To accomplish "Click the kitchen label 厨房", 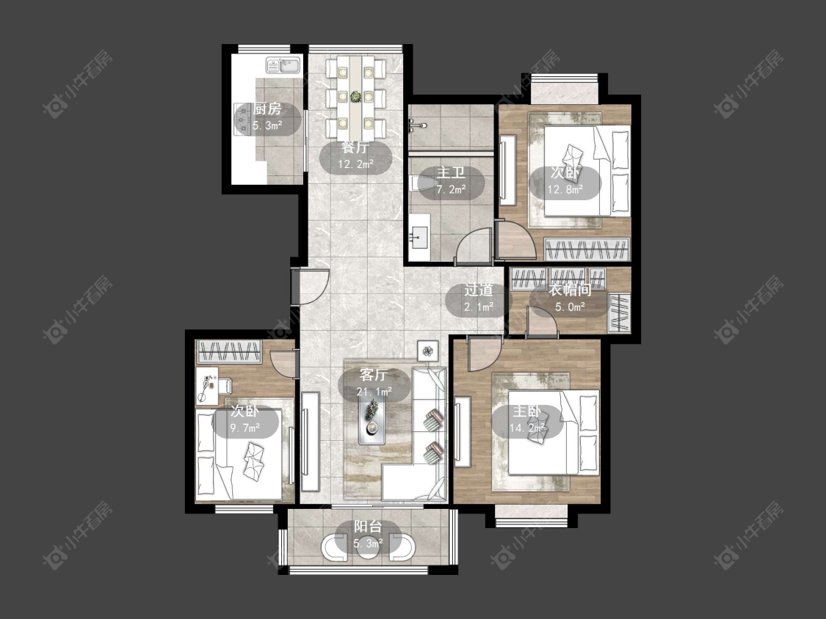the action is [x=267, y=109].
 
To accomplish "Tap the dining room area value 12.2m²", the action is [x=356, y=164].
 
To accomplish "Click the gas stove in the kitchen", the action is [x=242, y=118].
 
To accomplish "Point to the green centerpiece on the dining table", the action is [x=356, y=96].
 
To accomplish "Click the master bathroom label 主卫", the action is [x=451, y=172].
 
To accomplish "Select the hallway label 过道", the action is [x=478, y=290].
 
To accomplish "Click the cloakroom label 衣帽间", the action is [x=570, y=290].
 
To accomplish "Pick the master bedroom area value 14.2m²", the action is [x=526, y=428].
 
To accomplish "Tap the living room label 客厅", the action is [x=374, y=375].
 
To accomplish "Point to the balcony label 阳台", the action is [x=367, y=527].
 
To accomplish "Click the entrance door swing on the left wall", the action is [x=311, y=287].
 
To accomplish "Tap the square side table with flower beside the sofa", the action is [x=428, y=350].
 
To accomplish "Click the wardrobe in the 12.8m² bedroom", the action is [x=587, y=249].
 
